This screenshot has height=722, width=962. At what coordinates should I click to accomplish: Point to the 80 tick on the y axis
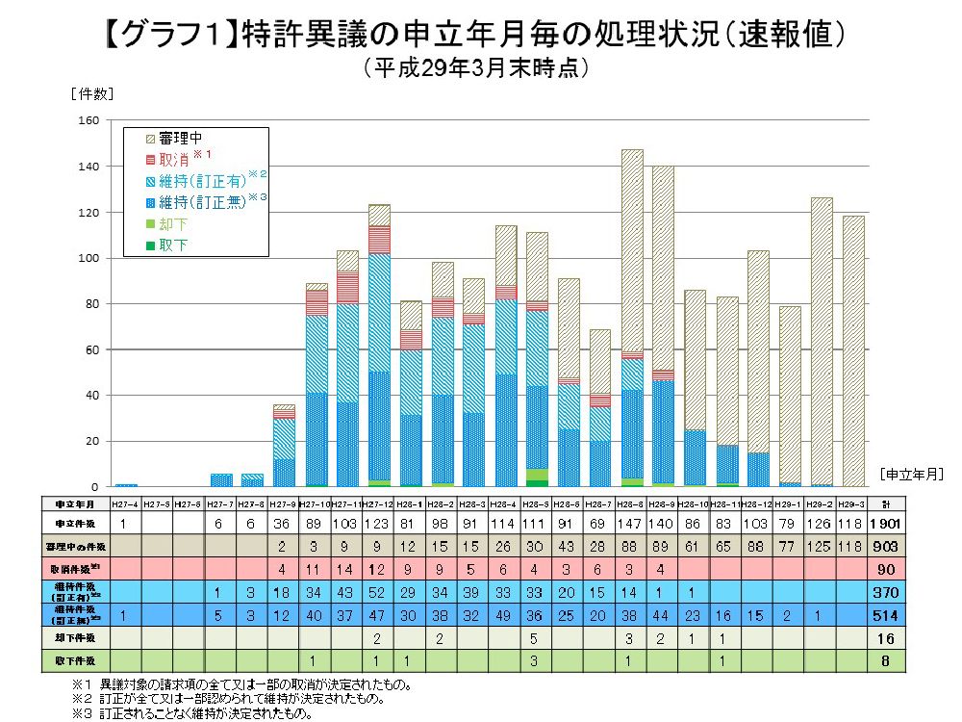91,304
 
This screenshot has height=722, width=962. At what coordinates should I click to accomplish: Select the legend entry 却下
173,223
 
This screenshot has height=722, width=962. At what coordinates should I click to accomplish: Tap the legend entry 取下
173,245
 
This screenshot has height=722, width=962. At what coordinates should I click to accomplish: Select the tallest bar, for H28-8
631,318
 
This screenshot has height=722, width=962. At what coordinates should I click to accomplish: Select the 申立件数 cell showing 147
631,523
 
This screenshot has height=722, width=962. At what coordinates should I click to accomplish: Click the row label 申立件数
73,523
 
